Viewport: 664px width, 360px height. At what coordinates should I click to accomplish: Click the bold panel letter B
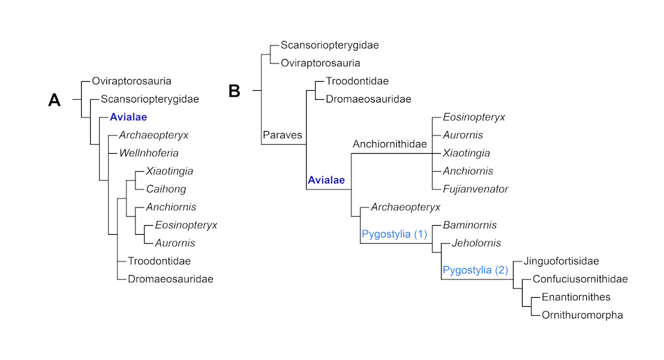pyautogui.click(x=234, y=91)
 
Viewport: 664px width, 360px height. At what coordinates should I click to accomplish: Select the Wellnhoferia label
pyautogui.click(x=148, y=154)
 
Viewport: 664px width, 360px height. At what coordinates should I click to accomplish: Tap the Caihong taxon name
pyautogui.click(x=166, y=189)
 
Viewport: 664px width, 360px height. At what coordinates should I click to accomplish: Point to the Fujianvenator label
pyautogui.click(x=475, y=189)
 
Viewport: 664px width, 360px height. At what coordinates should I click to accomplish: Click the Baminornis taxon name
pyautogui.click(x=469, y=225)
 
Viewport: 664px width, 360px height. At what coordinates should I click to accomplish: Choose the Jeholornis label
pyautogui.click(x=477, y=243)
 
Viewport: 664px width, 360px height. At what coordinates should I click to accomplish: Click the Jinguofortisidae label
pyautogui.click(x=561, y=261)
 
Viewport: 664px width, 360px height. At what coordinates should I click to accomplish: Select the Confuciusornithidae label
pyautogui.click(x=580, y=280)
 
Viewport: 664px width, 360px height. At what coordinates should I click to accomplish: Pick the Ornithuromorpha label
pyautogui.click(x=582, y=315)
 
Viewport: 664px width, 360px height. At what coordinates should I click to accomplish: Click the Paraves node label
pyautogui.click(x=283, y=136)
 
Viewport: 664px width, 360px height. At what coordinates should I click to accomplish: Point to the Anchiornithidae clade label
pyautogui.click(x=389, y=144)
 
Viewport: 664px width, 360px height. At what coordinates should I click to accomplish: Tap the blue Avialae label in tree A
pyautogui.click(x=128, y=117)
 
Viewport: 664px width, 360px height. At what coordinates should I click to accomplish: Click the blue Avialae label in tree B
pyautogui.click(x=326, y=180)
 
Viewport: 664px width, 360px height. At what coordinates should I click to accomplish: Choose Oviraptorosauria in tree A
pyautogui.click(x=132, y=82)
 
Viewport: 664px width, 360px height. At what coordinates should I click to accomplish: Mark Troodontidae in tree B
pyautogui.click(x=357, y=82)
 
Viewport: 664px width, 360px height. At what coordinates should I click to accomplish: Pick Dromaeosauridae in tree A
pyautogui.click(x=171, y=279)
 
